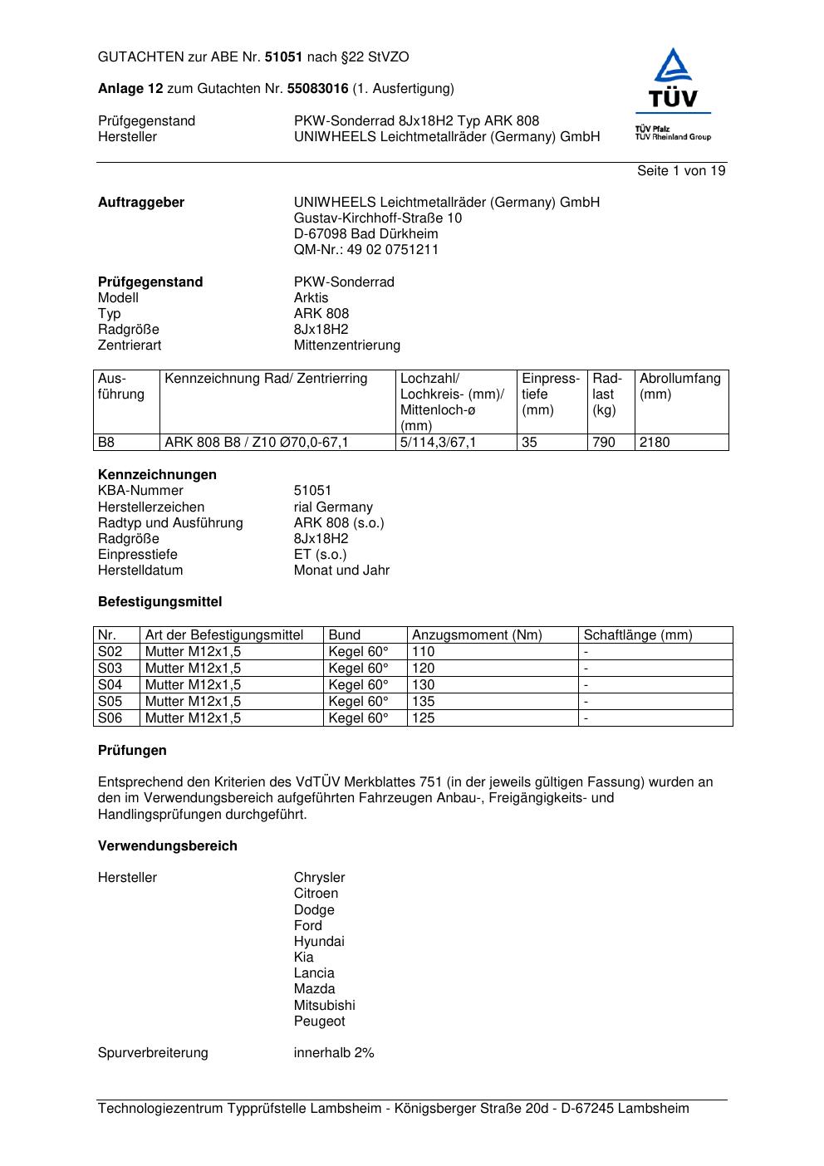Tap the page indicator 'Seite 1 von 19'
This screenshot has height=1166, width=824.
[x=680, y=171]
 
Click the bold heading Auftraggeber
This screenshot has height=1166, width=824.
[x=141, y=203]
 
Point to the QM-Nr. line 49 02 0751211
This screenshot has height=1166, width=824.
[x=365, y=250]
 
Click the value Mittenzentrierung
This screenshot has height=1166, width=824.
[x=346, y=345]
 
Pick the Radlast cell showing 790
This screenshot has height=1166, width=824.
[x=604, y=443]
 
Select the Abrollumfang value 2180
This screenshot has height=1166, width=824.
[x=655, y=443]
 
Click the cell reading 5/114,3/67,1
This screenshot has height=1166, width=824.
[x=438, y=443]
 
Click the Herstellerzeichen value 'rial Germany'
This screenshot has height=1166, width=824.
[x=333, y=507]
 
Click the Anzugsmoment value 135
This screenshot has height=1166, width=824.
[x=424, y=702]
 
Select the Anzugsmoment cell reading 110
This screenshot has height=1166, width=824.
[x=424, y=652]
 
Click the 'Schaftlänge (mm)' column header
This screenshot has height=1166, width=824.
[x=637, y=635]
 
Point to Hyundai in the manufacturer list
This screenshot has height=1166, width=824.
[x=318, y=942]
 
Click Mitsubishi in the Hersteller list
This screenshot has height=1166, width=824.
[x=324, y=1006]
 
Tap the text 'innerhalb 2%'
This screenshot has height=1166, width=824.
[x=334, y=1053]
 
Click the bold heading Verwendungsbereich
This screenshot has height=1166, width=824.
[x=167, y=846]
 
